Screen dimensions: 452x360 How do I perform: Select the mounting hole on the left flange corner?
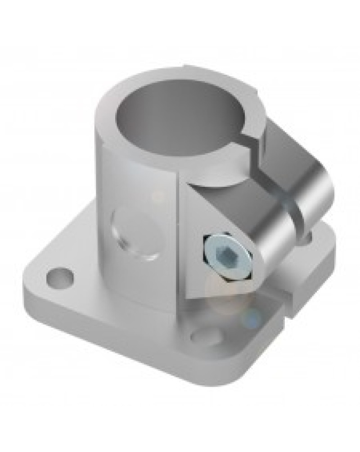point(59,275)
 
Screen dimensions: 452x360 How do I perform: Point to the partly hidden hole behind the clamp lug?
point(309,234)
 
